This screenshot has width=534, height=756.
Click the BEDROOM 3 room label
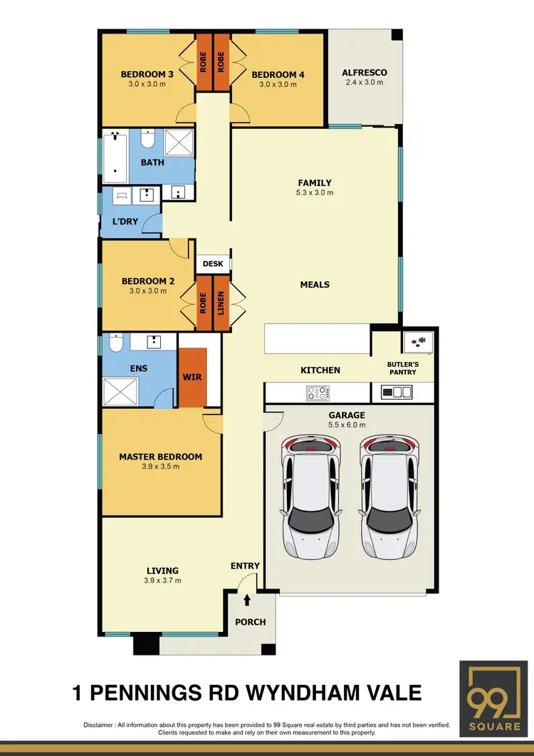tap(147, 74)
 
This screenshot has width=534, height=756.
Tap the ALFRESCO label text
tap(364, 73)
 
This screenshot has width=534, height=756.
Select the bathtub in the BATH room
tap(115, 156)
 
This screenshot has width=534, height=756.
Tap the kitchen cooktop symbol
tap(318, 393)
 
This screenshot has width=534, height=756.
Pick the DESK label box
tap(212, 264)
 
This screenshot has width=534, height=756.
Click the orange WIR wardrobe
tap(192, 376)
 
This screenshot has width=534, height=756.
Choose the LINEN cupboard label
tap(221, 304)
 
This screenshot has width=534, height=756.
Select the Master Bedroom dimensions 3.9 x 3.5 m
tap(160, 467)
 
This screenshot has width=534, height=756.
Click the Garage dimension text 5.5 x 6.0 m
tap(346, 425)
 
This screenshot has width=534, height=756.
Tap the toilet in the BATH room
tap(148, 137)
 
